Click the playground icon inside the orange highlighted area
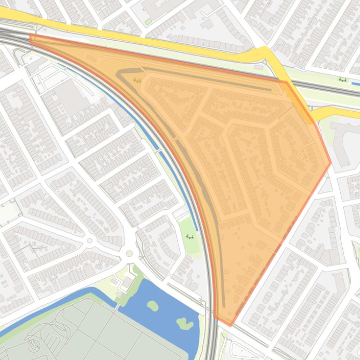point(138,80)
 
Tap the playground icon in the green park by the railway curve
point(190,237)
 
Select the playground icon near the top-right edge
point(343,80)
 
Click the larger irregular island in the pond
point(184,323)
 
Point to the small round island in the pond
point(153,306)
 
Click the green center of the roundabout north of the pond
point(129,253)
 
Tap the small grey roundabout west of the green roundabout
point(90,240)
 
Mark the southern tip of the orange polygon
point(230,325)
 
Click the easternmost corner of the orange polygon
point(331,163)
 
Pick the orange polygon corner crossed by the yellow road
point(287,83)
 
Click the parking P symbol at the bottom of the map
point(242,350)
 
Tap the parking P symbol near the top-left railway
point(31,59)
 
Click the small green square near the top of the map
point(148,22)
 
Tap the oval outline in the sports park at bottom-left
point(34,346)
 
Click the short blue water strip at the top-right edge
point(356,85)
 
